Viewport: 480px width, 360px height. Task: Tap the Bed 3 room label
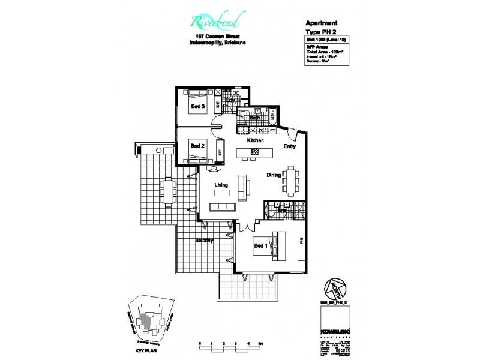tap(198, 107)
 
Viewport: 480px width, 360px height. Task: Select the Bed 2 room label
tap(198, 145)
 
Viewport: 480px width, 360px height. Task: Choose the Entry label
tap(290, 146)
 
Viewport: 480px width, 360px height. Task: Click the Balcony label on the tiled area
tap(205, 241)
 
